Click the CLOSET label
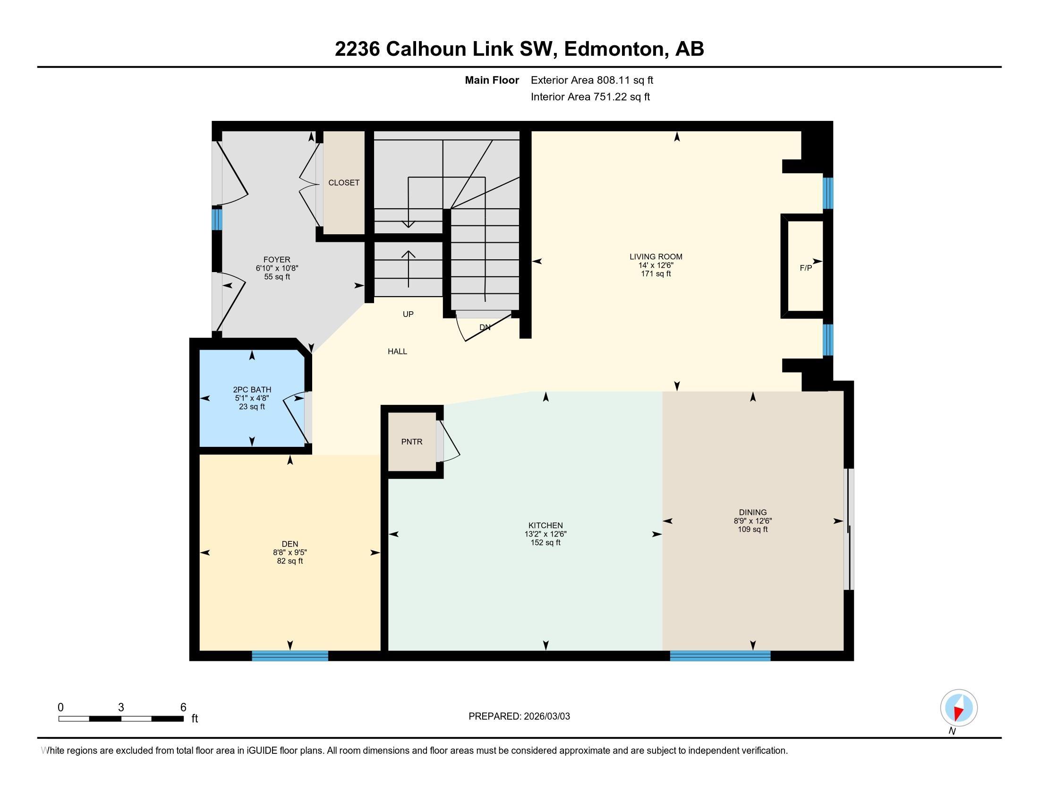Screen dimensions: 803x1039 click(x=343, y=183)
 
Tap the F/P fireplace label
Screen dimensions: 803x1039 click(x=805, y=268)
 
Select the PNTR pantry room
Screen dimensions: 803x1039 click(x=411, y=442)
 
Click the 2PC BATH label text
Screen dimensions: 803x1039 click(x=252, y=390)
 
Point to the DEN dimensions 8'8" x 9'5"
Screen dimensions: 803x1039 click(x=290, y=552)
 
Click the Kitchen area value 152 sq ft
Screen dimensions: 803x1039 click(x=545, y=542)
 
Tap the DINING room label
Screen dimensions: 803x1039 click(x=753, y=513)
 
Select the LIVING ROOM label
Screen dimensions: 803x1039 click(x=656, y=257)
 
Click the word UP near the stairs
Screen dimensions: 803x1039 click(x=408, y=315)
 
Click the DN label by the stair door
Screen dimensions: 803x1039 click(x=485, y=327)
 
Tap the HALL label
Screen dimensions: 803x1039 click(x=397, y=351)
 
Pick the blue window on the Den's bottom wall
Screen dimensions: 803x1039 click(x=290, y=656)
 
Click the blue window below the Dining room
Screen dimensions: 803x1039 click(x=720, y=656)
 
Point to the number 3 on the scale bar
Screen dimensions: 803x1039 click(x=121, y=708)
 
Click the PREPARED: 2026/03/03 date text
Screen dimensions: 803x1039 click(x=519, y=717)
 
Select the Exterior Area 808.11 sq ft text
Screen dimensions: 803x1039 click(x=592, y=80)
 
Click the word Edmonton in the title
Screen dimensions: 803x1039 click(x=614, y=49)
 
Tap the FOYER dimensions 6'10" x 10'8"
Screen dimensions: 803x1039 click(x=276, y=268)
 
